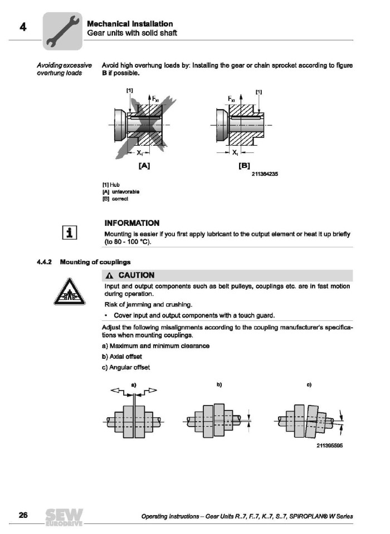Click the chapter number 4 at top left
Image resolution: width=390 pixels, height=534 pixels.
pos(23,27)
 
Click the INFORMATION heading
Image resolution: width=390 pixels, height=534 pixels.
pos(132,223)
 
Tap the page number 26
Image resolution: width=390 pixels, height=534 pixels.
pos(23,515)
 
